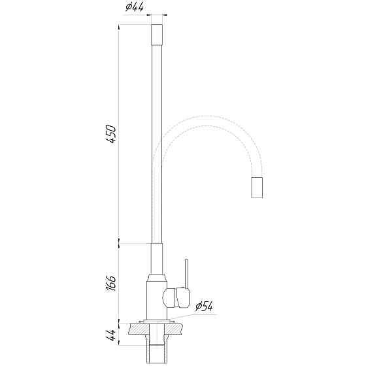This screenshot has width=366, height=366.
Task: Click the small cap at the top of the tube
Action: (157, 33)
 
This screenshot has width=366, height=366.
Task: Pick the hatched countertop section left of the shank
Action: (139, 331)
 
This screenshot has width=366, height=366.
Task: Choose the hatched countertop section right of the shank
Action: (175, 331)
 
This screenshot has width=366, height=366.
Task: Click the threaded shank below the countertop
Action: (157, 350)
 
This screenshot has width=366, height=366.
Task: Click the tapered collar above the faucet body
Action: (157, 276)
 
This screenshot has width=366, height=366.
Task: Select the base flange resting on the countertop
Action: (157, 322)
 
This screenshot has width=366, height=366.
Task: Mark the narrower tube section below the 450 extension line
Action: (157, 258)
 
